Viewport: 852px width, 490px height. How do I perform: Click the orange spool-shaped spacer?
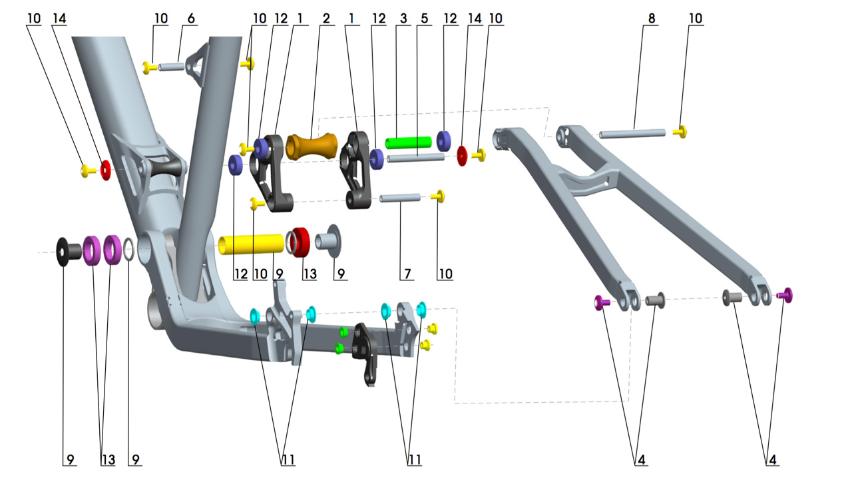[312, 146]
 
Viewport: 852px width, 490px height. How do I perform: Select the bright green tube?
[409, 142]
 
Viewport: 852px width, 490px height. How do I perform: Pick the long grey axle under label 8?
[632, 134]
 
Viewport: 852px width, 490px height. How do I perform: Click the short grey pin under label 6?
[172, 67]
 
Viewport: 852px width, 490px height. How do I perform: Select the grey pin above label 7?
[400, 198]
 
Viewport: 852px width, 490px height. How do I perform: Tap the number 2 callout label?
[325, 19]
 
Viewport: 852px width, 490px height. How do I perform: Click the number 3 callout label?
[403, 19]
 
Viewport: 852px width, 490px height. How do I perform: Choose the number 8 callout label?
[651, 19]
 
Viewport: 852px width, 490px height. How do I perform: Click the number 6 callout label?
[191, 19]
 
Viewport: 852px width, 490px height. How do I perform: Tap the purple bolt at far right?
[786, 295]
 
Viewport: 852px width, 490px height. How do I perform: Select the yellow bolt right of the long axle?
[680, 132]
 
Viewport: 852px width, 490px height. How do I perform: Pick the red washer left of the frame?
[105, 170]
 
